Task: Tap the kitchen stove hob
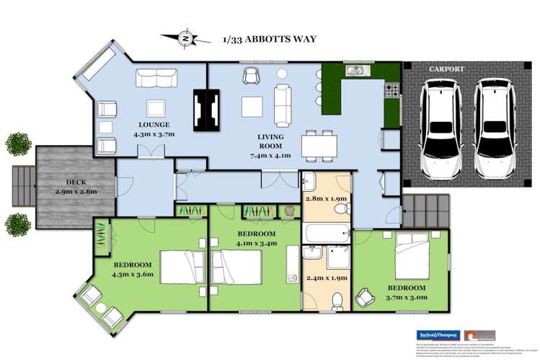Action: point(393,91)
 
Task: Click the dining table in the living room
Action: point(317,146)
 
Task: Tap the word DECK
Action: point(75,184)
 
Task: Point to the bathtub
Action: point(325,234)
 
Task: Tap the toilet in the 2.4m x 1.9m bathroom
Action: point(335,298)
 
